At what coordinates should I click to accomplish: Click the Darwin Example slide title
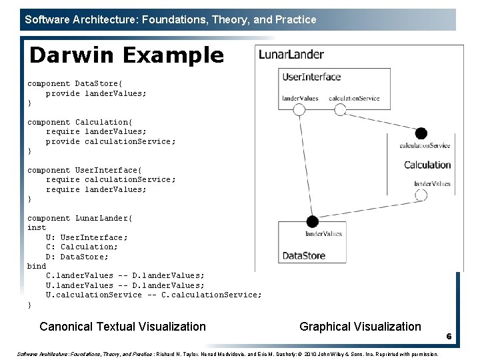click(x=127, y=55)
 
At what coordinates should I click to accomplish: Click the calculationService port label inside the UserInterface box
click(x=354, y=99)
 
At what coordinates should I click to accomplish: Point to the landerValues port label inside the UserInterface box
click(x=300, y=99)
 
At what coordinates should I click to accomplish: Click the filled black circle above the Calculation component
click(x=421, y=134)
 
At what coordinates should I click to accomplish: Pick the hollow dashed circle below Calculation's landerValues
click(x=420, y=195)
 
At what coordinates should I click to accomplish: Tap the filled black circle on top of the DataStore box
click(x=311, y=221)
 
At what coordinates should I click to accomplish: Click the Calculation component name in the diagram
click(x=427, y=165)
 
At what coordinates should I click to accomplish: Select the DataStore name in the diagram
click(x=304, y=255)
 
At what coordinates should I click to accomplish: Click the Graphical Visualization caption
click(x=360, y=327)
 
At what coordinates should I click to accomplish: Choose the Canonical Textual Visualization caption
click(x=123, y=327)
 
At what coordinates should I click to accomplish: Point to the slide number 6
click(x=449, y=337)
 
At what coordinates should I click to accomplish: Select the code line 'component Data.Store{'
click(x=75, y=84)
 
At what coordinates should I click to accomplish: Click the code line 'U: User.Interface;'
click(x=87, y=237)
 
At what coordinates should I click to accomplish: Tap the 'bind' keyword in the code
click(x=37, y=266)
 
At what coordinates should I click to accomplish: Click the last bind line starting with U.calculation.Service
click(x=153, y=295)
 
